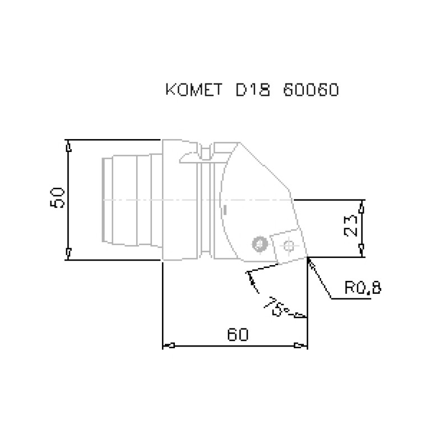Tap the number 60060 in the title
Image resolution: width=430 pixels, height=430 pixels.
(311, 90)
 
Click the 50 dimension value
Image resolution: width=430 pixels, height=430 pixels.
(58, 198)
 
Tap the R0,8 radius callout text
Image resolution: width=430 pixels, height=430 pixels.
(362, 288)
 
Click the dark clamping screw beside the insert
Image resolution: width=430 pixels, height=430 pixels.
(258, 243)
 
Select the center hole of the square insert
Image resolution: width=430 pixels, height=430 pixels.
(289, 245)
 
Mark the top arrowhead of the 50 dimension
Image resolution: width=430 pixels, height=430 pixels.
(68, 145)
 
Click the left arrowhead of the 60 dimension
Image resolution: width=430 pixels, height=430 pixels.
(168, 345)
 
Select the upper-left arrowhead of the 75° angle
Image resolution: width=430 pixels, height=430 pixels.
(249, 275)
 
